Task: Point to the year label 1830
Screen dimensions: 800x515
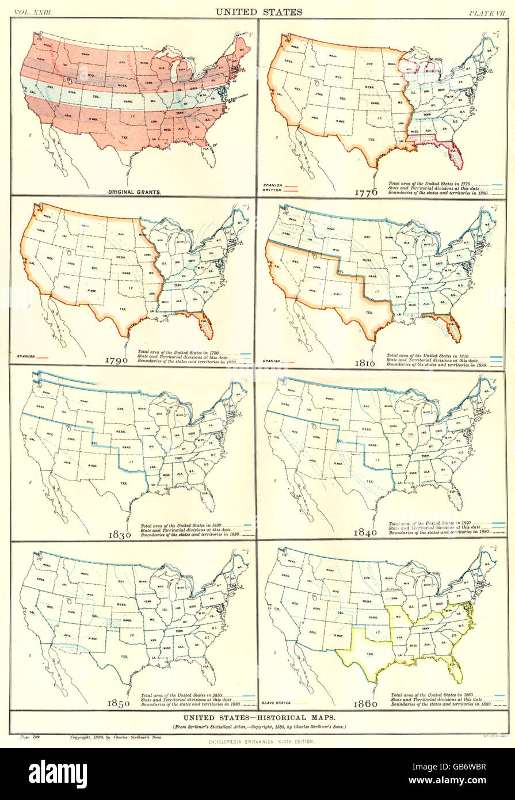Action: (119, 534)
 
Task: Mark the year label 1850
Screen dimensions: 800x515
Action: (119, 703)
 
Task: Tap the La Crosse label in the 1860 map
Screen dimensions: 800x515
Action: (393, 589)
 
